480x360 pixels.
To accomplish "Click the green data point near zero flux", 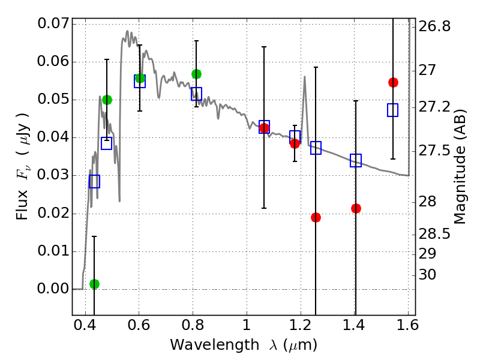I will point(94,284).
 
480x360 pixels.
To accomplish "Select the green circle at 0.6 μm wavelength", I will point(140,78).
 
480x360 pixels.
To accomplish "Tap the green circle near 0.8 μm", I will point(196,74).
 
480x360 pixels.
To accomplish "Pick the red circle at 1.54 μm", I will point(393,82).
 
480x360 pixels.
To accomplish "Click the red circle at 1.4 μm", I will point(356,208).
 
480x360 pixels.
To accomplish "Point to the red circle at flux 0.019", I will point(316,217).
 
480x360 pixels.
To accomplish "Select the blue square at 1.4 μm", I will point(356,160).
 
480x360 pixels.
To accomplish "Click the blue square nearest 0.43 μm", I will point(94,181).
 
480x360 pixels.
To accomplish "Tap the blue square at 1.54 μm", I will point(393,110).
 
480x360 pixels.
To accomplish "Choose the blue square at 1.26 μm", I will point(316,148).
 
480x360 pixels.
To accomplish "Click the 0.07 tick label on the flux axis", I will point(52,24).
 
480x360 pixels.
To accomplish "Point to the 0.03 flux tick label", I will point(52,176).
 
